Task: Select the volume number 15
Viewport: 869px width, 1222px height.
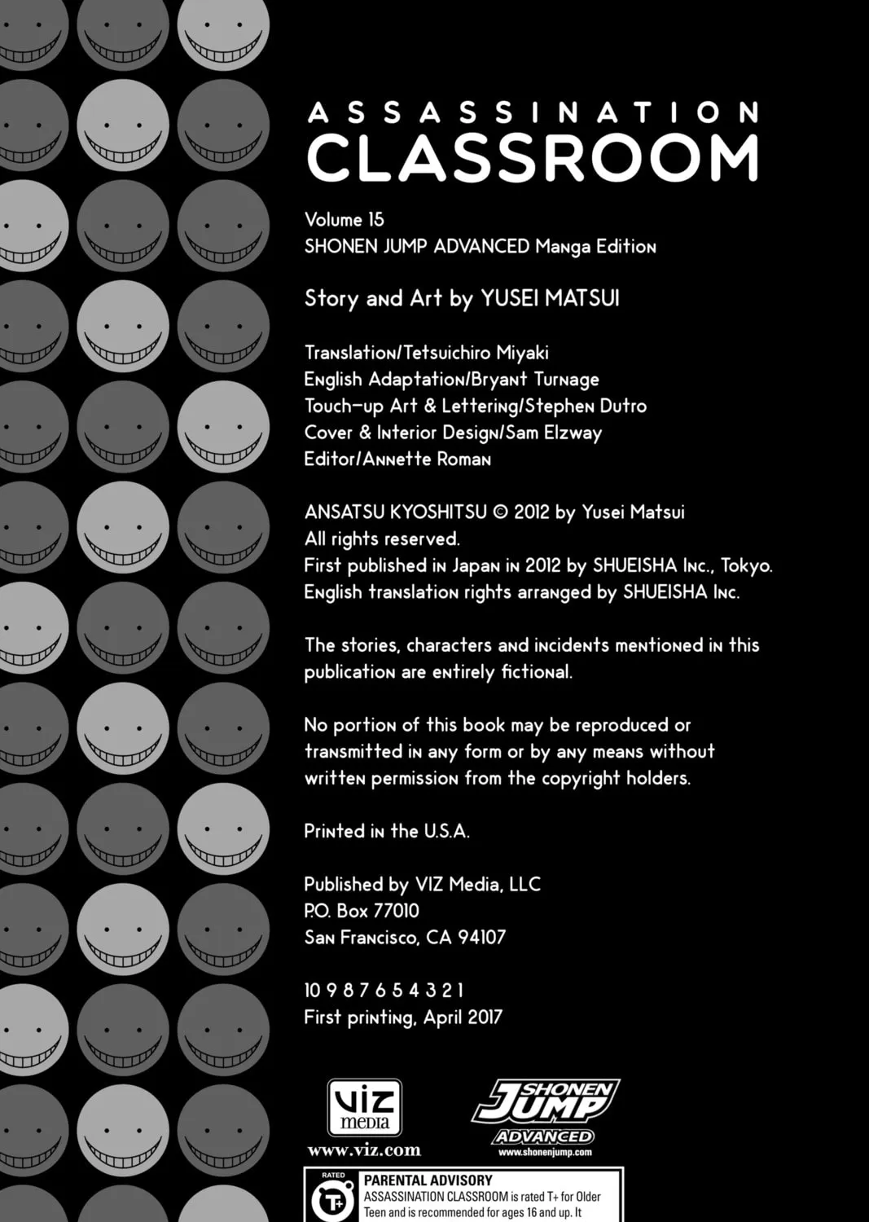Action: (375, 220)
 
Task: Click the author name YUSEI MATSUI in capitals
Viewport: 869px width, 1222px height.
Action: (550, 298)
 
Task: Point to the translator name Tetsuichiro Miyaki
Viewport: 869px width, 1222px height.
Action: (481, 353)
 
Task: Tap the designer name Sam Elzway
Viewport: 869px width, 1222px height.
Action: (554, 433)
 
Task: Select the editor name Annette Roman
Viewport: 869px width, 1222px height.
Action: (427, 459)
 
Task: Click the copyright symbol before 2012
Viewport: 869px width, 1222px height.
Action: (501, 512)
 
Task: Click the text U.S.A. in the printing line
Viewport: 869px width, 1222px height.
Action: (446, 832)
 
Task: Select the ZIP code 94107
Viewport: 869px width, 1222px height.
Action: (481, 938)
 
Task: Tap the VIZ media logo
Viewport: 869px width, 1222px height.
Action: (364, 1108)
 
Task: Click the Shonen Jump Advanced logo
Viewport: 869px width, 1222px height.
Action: (545, 1110)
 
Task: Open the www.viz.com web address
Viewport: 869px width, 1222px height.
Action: (364, 1150)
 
